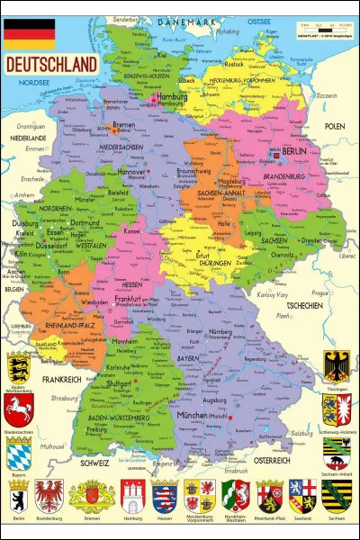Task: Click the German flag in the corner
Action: pos(30,33)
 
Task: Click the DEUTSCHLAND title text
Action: pos(51,65)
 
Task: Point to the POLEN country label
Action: pos(335,126)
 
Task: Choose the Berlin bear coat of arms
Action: pos(19,496)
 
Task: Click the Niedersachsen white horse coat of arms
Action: pos(19,410)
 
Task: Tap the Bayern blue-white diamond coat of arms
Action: pos(19,453)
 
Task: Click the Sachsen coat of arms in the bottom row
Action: pos(336,496)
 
